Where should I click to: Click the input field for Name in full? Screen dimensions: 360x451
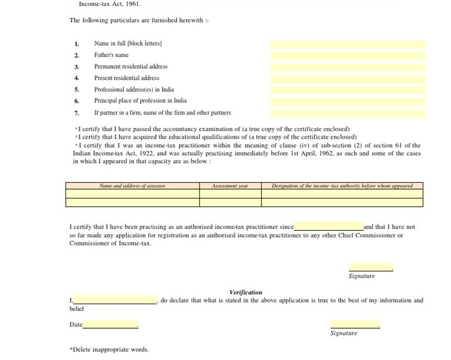[x=348, y=44]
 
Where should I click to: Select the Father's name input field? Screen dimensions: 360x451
[x=348, y=56]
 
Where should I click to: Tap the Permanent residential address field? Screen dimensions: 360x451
[x=348, y=67]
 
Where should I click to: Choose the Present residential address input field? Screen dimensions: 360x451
[x=348, y=79]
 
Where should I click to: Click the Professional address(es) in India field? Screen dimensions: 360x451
[x=348, y=90]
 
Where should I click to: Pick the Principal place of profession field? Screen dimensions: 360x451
[x=348, y=101]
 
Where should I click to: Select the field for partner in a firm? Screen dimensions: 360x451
[x=348, y=113]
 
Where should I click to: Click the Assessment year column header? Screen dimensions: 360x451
[x=230, y=186]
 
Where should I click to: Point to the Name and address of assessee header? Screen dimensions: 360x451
[x=132, y=186]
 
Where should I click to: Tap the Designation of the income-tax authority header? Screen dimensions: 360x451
[x=342, y=186]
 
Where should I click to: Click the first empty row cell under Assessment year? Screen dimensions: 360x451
[x=230, y=194]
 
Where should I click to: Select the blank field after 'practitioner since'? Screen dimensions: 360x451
[x=328, y=227]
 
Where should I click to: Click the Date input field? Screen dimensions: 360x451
[x=110, y=325]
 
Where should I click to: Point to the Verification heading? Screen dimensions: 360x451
[x=245, y=292]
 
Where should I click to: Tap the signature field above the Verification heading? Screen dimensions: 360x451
[x=371, y=267]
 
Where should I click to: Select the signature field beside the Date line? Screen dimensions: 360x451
[x=355, y=324]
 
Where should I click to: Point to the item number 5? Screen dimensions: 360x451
[x=76, y=90]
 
